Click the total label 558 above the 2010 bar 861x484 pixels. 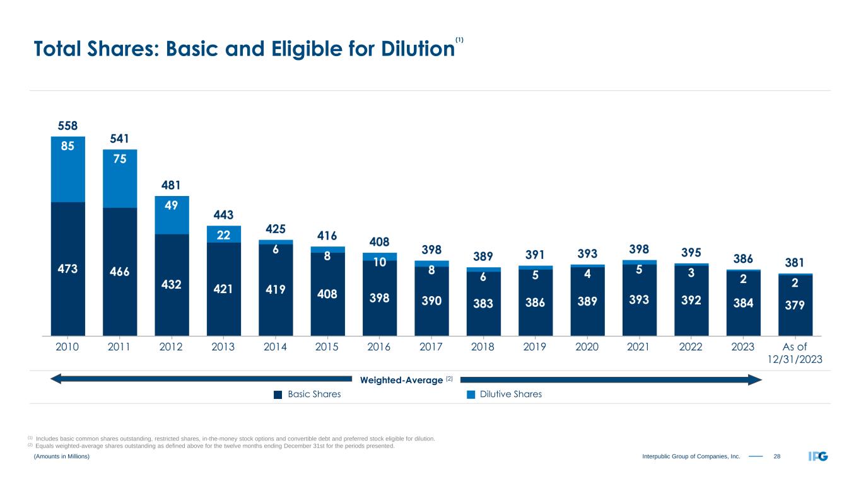point(64,125)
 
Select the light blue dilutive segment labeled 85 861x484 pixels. point(68,169)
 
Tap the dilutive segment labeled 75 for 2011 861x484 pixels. point(120,178)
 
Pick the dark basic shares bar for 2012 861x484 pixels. point(172,284)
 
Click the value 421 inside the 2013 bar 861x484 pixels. point(223,291)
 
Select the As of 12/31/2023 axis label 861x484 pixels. point(795,353)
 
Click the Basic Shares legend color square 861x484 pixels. point(277,395)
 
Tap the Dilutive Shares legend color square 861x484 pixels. point(470,395)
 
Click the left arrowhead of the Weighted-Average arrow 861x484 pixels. point(56,379)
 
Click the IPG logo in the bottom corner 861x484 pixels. point(819,456)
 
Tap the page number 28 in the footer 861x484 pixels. point(777,456)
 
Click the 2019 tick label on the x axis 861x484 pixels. point(535,347)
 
